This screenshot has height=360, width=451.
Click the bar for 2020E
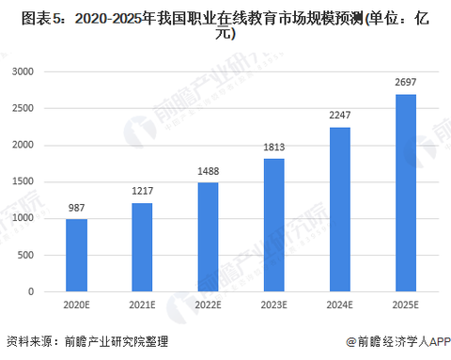click(76, 256)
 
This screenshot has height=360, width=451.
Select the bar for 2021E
click(142, 247)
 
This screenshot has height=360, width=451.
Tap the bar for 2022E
click(208, 237)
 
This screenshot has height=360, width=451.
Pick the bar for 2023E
click(274, 226)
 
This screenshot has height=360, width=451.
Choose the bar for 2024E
click(340, 210)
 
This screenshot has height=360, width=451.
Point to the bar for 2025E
click(406, 193)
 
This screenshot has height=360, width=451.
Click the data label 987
click(76, 208)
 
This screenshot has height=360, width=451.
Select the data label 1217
click(142, 191)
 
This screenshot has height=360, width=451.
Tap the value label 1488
click(208, 171)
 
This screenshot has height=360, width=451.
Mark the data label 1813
click(274, 147)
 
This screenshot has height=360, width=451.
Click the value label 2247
click(340, 115)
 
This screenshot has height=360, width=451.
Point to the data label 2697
click(406, 82)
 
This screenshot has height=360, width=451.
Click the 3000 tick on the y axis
click(23, 71)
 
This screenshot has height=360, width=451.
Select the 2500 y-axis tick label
click(23, 108)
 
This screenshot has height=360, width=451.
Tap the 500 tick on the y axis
click(25, 255)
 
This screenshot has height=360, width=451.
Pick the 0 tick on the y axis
click(31, 291)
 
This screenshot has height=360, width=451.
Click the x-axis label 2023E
click(274, 305)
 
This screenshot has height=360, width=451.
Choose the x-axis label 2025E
click(406, 305)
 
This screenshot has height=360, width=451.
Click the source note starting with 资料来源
click(87, 341)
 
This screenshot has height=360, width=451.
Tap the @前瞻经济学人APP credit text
click(398, 341)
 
